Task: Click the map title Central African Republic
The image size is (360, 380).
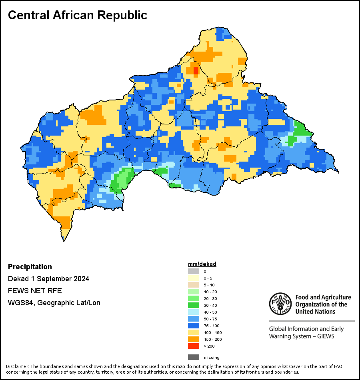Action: coord(78,15)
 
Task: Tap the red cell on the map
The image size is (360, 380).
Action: coord(196,70)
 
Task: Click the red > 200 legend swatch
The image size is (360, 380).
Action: coord(194,346)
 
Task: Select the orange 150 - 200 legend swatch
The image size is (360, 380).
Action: coord(194,339)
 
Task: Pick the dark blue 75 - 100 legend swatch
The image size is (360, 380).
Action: coord(194,326)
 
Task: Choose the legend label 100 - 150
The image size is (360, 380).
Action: coord(213,332)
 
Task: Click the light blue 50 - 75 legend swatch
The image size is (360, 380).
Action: coord(194,319)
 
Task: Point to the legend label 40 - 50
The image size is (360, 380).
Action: coord(210,312)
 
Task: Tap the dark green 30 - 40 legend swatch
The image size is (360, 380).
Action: coord(194,305)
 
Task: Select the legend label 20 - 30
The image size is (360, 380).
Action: coord(210,298)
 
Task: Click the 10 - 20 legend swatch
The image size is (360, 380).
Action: coord(194,292)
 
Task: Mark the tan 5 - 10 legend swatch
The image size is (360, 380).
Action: coord(194,285)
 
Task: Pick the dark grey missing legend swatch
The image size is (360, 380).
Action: coord(194,357)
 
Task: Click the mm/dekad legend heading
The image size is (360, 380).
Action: coord(202,264)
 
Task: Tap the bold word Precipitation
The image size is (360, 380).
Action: coord(30,267)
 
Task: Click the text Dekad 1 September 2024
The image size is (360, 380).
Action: coord(48,279)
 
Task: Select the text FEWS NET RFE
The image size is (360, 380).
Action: coord(35,290)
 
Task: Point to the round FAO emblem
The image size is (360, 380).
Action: coord(280,304)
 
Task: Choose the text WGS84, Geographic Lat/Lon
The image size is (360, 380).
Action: coord(54,303)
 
